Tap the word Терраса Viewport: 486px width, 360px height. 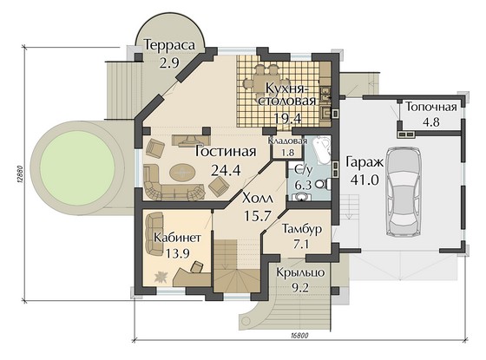click(170, 45)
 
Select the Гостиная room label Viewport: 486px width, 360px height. click(226, 152)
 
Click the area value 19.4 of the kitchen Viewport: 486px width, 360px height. click(288, 118)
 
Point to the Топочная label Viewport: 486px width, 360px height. click(431, 108)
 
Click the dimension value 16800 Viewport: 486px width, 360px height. click(300, 336)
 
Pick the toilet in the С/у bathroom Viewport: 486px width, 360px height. click(323, 185)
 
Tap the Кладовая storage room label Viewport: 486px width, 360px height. click(287, 141)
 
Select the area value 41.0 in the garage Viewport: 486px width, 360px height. click(364, 180)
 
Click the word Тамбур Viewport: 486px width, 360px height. click(302, 229)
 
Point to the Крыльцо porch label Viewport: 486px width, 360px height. click(300, 273)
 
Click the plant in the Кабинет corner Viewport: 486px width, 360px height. click(161, 277)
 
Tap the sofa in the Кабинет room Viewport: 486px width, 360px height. click(155, 233)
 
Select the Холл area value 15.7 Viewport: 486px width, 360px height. click(258, 216)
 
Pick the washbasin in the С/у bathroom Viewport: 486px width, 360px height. click(300, 197)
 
